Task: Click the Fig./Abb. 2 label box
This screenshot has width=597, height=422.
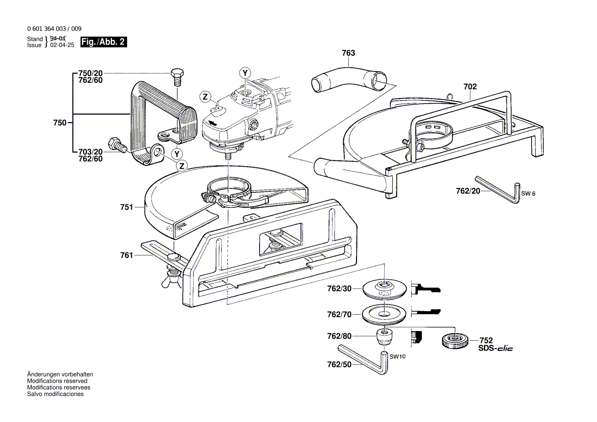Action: (104, 42)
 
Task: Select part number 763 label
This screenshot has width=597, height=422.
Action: (348, 53)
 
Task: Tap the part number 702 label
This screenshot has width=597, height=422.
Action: (470, 87)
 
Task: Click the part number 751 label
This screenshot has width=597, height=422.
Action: (126, 207)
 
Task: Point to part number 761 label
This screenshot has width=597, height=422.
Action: (126, 255)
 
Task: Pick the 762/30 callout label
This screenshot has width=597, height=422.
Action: (339, 289)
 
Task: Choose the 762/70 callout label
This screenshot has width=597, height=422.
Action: (339, 315)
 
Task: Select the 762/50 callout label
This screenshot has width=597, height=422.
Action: (339, 365)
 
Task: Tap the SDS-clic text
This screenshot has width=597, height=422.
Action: (495, 348)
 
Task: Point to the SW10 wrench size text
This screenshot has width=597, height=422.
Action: (397, 357)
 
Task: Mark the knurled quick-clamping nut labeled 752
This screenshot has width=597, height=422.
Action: (452, 340)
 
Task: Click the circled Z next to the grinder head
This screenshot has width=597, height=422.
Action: (205, 97)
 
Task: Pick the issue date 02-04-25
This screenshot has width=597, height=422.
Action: (62, 45)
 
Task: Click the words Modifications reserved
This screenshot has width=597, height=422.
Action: (57, 381)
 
